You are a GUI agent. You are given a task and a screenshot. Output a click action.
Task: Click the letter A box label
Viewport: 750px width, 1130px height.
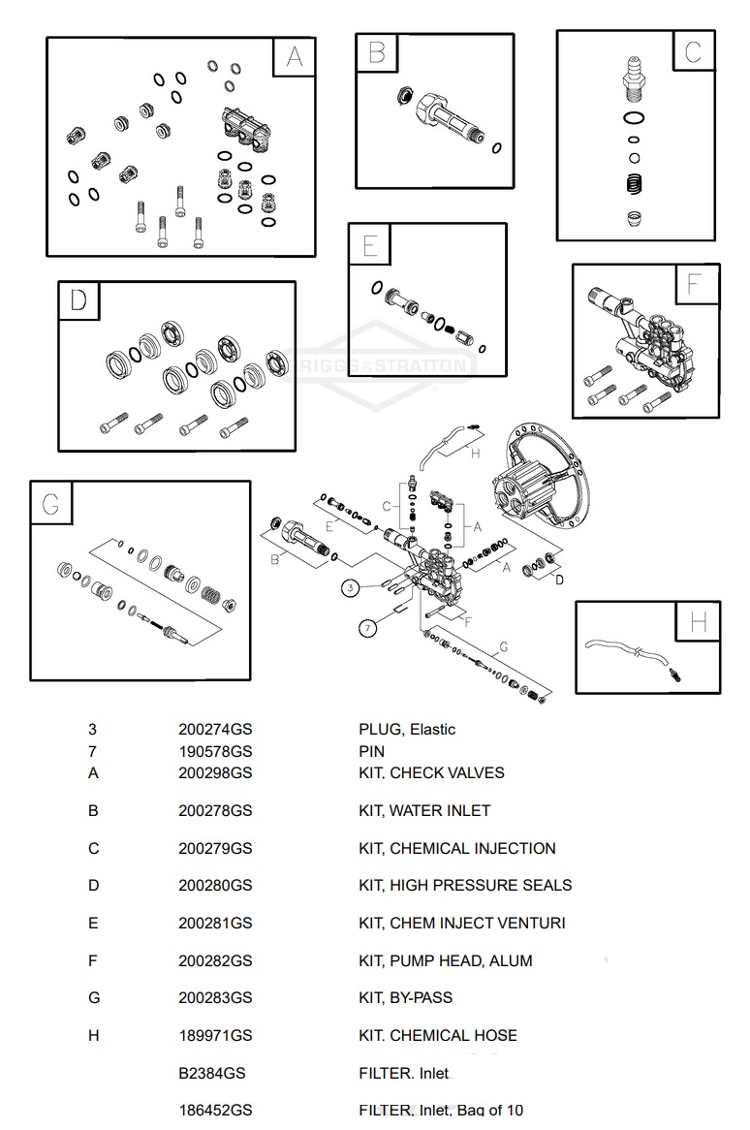click(294, 58)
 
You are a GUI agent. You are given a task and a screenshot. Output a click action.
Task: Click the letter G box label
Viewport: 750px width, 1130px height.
click(50, 504)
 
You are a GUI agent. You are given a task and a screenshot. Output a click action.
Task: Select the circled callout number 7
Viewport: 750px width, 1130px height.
click(367, 629)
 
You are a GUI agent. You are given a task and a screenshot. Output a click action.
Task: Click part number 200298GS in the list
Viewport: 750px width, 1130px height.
click(215, 773)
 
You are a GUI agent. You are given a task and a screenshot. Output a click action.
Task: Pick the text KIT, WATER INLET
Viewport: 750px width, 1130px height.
click(424, 811)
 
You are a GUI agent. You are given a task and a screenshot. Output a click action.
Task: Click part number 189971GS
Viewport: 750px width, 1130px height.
click(215, 1036)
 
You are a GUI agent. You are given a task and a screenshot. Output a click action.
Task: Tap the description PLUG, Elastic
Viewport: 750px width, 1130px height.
click(407, 730)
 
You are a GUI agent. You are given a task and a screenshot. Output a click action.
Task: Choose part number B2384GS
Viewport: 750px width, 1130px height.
click(212, 1074)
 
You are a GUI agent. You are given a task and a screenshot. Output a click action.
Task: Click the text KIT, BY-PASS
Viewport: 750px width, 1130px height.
click(405, 998)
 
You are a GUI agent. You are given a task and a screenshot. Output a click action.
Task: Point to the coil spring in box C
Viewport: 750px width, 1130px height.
click(634, 182)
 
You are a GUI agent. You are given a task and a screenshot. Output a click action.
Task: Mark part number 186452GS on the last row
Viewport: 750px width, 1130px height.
click(215, 1111)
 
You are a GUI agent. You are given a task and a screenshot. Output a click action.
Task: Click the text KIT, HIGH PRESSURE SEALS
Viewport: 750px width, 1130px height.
click(465, 886)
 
